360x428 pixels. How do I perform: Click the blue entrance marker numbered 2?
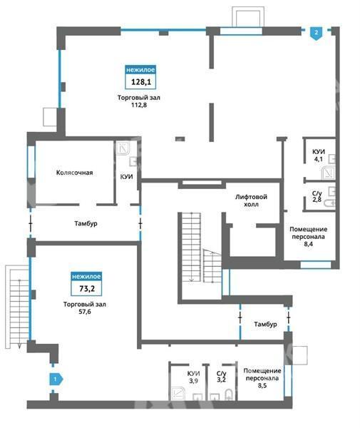(x=316, y=34)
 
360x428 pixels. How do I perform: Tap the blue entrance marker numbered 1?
(x=56, y=379)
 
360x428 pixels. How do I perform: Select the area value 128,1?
(x=140, y=81)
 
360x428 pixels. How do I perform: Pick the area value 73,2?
(x=87, y=288)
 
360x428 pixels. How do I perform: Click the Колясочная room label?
(x=74, y=173)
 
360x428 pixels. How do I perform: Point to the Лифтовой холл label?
(x=251, y=200)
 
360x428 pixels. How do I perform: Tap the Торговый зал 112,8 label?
(x=139, y=101)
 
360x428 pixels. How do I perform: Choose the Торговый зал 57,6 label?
(x=85, y=307)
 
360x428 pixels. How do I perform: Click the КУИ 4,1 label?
(x=319, y=156)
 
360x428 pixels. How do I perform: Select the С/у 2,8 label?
(x=317, y=197)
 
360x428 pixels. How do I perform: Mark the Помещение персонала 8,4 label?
(x=308, y=236)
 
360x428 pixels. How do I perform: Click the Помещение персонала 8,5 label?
(x=262, y=378)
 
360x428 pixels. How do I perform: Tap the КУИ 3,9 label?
(x=193, y=377)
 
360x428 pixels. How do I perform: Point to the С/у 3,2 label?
(x=221, y=377)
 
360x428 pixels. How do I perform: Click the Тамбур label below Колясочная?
(x=86, y=223)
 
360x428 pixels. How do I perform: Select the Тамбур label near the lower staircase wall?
(x=265, y=324)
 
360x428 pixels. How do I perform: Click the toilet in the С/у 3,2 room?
(x=230, y=394)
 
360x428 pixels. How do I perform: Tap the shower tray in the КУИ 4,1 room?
(x=328, y=173)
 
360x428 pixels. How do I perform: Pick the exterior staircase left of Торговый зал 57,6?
(x=17, y=307)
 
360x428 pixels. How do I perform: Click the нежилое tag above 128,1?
(x=140, y=70)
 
